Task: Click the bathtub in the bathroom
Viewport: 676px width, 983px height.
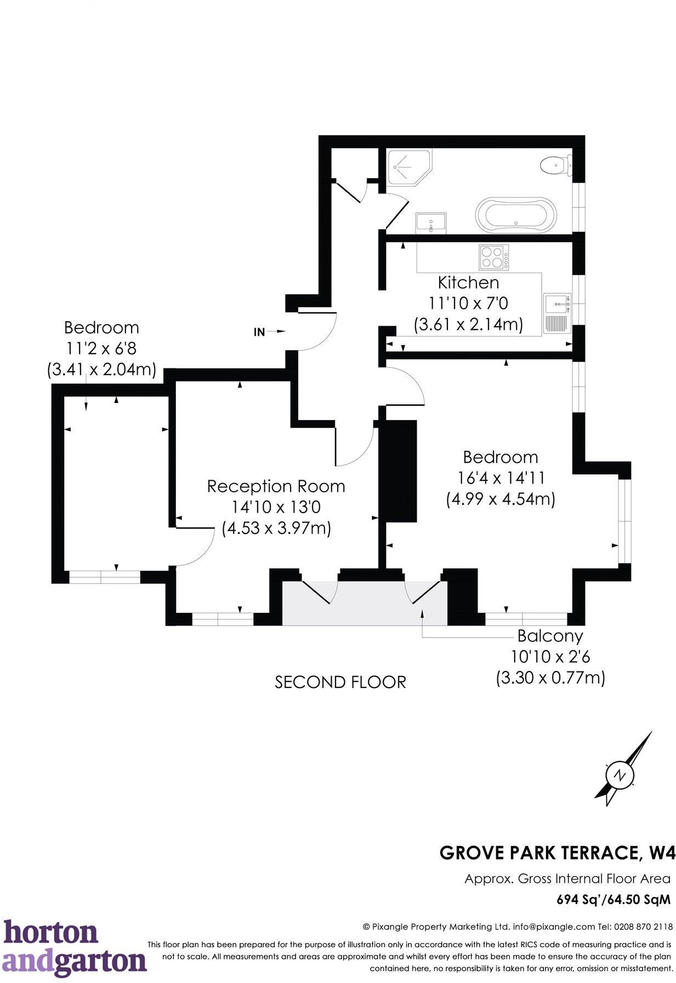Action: coord(515,215)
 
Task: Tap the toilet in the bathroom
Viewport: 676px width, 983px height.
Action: coord(555,164)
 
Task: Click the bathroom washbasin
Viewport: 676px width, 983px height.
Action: coord(431,223)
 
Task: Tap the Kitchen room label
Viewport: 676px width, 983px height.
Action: coord(468,283)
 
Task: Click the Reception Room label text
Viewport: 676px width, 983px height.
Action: coord(276,486)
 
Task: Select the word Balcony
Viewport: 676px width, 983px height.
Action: coord(550,636)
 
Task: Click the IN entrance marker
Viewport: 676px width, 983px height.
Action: coord(259,332)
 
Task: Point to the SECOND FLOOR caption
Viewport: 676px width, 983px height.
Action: coord(340,683)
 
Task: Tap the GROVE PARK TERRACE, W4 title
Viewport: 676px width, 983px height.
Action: coord(557,853)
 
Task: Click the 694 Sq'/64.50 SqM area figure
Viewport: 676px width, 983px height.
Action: coord(613,900)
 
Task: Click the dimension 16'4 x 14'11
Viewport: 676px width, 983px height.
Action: coord(501,478)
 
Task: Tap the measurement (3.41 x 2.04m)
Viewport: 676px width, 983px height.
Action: coord(101,369)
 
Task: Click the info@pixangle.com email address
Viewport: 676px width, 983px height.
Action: coord(554,927)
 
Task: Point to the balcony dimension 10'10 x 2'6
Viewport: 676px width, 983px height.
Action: coord(550,657)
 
